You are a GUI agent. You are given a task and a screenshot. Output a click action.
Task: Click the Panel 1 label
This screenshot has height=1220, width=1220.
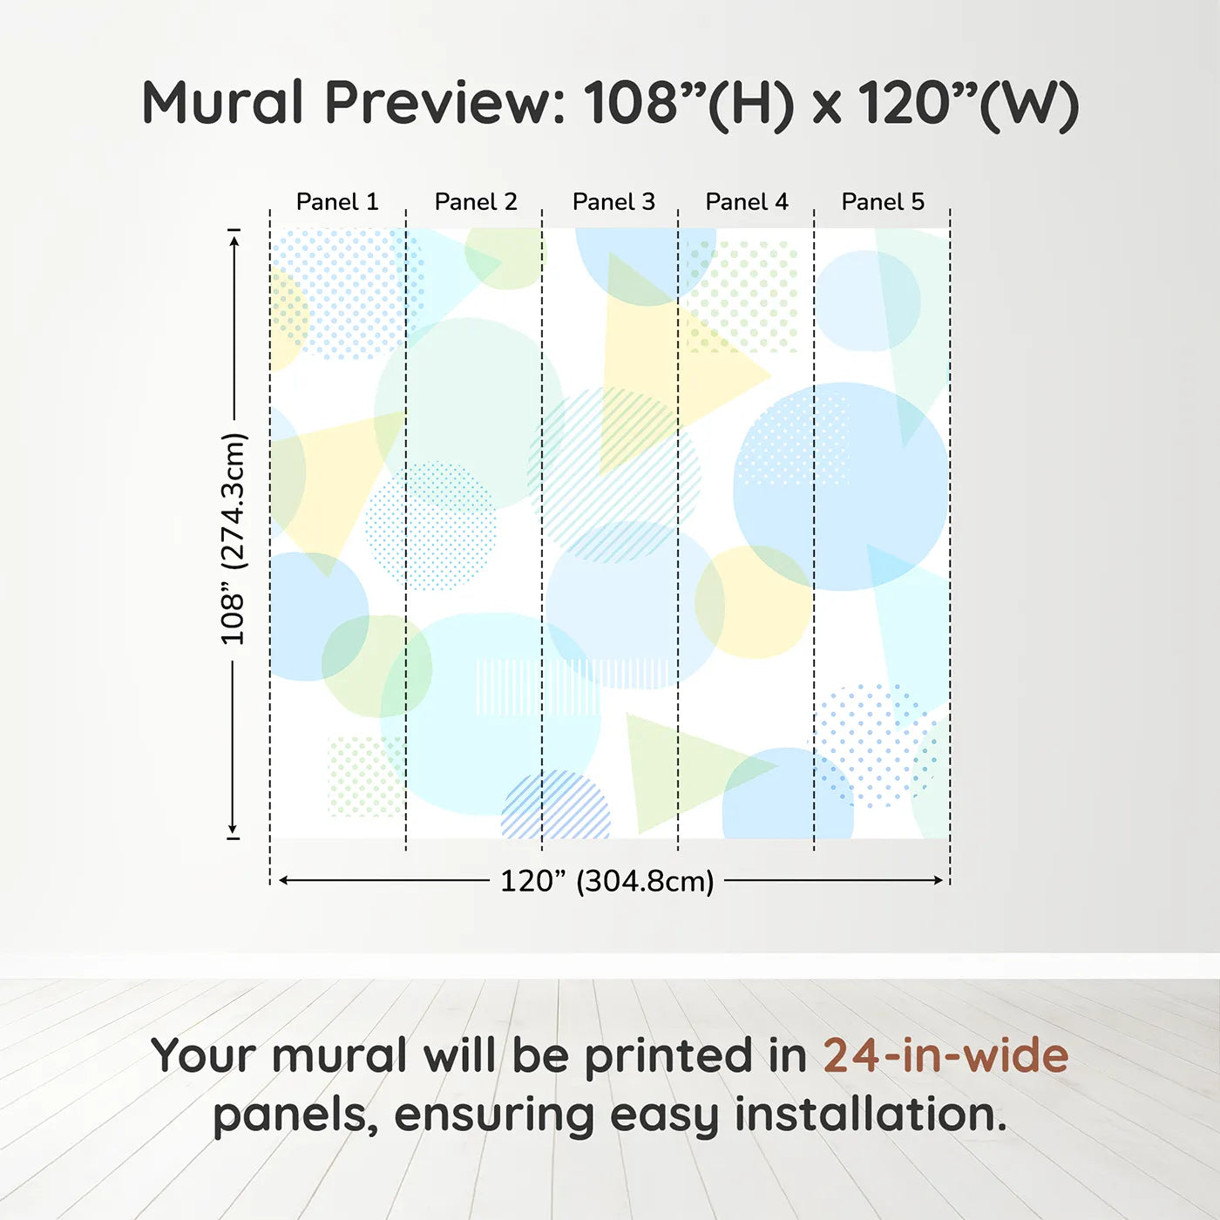337,202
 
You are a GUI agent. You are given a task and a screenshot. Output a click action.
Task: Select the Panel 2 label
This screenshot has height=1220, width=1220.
476,202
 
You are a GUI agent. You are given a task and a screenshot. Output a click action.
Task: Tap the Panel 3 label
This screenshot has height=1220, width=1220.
613,202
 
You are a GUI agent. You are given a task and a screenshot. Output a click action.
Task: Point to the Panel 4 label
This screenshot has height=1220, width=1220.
747,202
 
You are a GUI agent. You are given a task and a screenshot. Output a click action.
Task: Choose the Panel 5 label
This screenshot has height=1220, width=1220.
883,202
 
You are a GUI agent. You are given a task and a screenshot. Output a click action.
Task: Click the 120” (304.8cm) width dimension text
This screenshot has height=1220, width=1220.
607,881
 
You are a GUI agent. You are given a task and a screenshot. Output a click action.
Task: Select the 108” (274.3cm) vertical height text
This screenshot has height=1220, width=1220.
234,539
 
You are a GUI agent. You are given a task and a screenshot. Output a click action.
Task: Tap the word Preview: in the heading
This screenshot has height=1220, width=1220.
445,103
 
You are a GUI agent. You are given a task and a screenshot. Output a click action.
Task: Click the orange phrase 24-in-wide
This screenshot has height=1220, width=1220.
945,1056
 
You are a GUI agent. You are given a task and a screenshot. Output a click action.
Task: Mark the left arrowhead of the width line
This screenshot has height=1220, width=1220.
283,880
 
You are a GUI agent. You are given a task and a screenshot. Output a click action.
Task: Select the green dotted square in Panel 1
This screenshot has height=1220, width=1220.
364,776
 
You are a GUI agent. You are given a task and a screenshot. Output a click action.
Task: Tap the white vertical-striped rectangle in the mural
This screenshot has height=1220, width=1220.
537,687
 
